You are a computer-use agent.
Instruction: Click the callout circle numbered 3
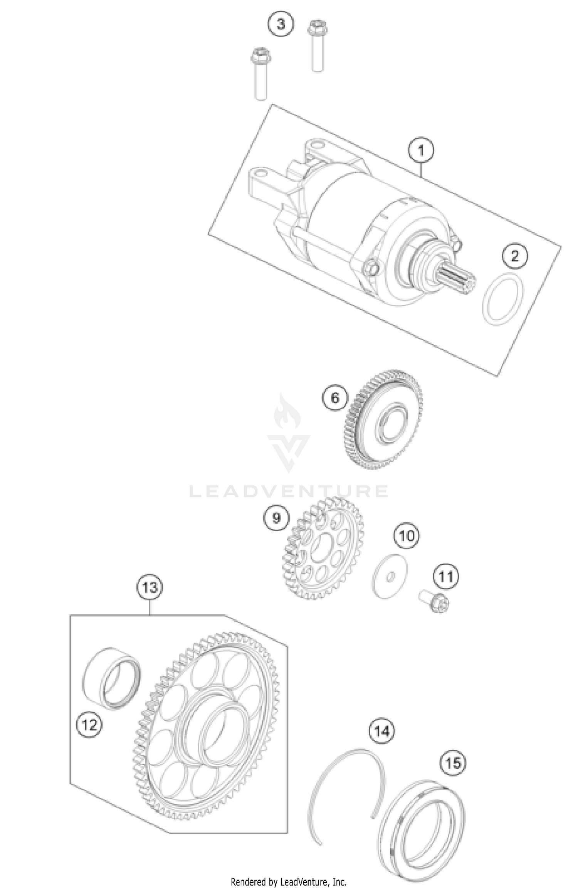coord(281,24)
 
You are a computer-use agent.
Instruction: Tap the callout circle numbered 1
coord(421,150)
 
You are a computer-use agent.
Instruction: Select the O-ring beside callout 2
coord(503,298)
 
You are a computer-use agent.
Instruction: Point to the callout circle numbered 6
coord(335,397)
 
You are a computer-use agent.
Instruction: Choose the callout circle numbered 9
coord(277,518)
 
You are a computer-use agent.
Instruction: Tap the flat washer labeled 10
coord(390,576)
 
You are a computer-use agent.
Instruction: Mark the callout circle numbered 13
coord(150,587)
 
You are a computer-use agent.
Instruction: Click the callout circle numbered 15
coord(453,762)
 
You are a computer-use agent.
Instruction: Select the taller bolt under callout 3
coord(317,46)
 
